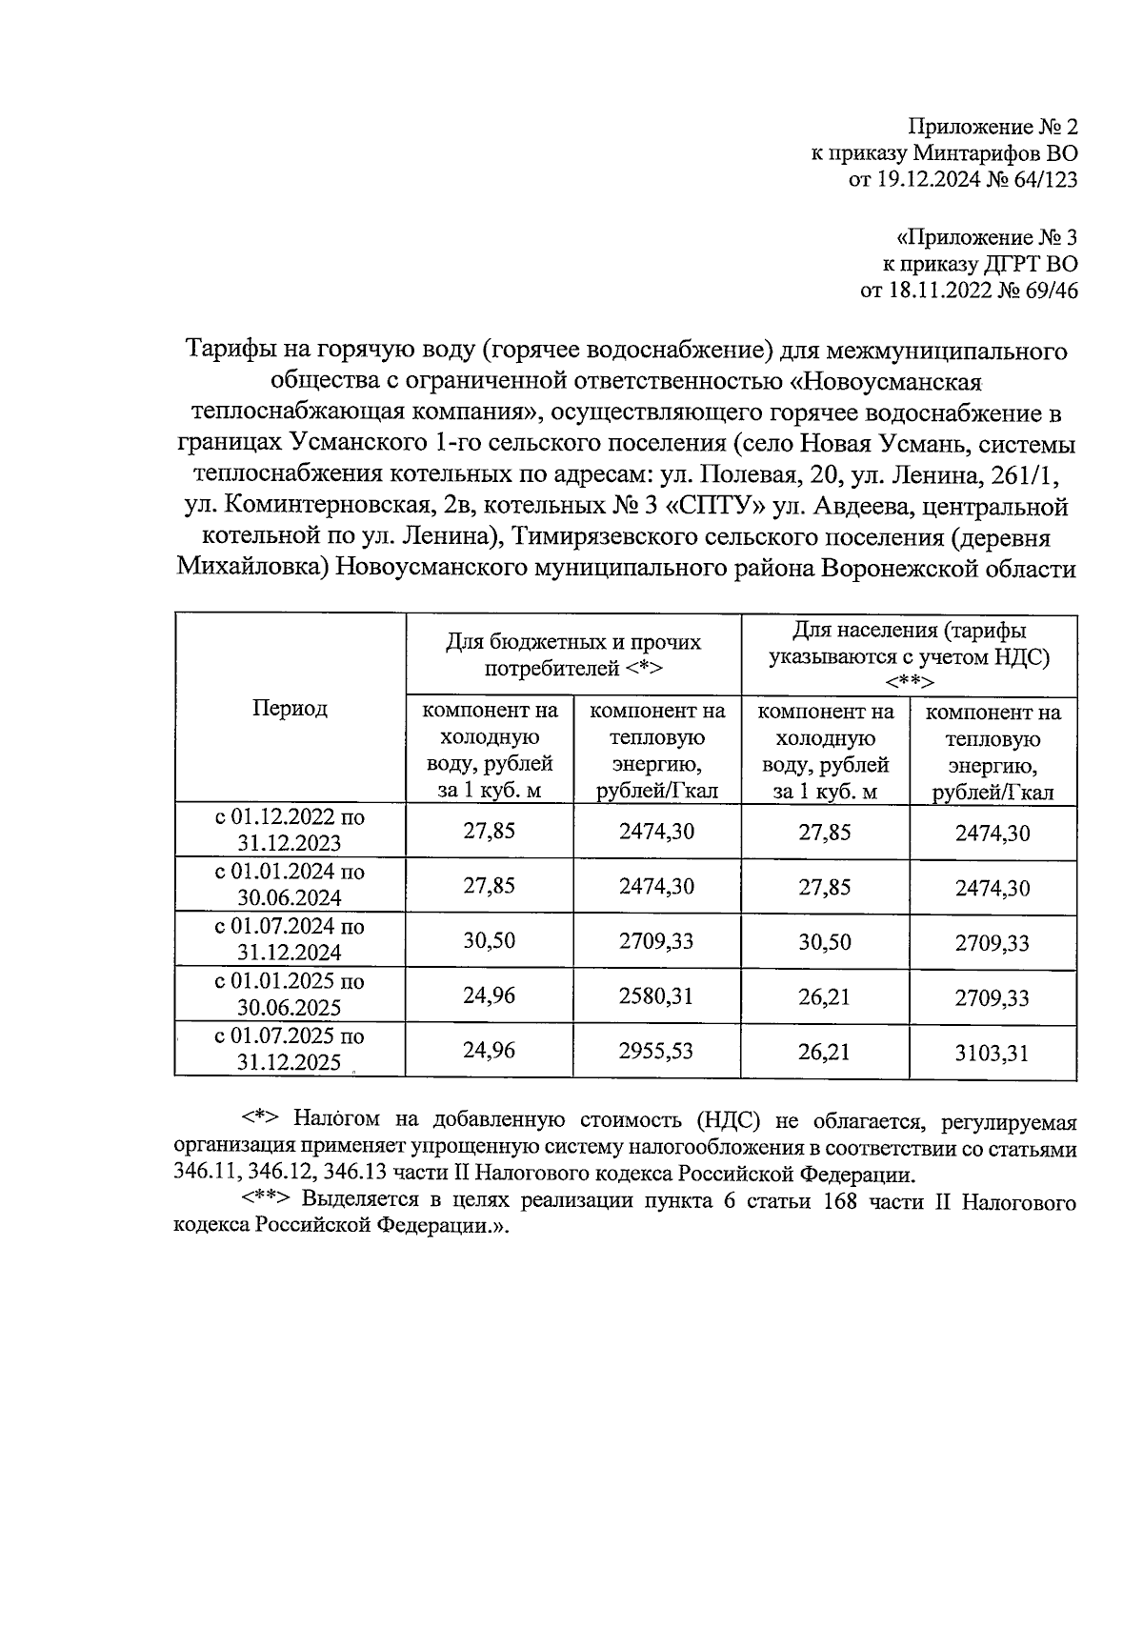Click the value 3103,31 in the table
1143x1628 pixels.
[993, 1054]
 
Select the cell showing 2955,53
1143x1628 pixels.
[656, 1051]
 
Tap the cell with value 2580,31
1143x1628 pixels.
[656, 996]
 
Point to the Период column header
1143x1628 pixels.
[290, 708]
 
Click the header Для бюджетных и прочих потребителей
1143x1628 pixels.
[573, 654]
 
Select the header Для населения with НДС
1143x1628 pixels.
[909, 655]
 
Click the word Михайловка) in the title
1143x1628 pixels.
[252, 569]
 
